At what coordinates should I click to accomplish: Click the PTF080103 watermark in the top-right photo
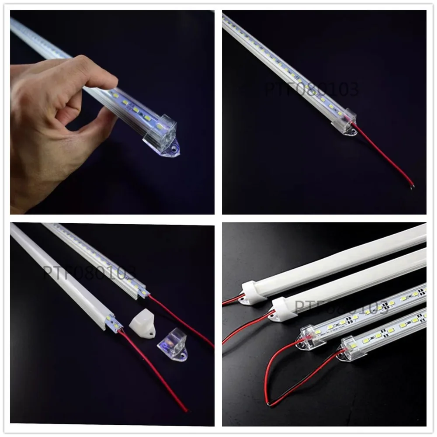click(311, 89)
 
